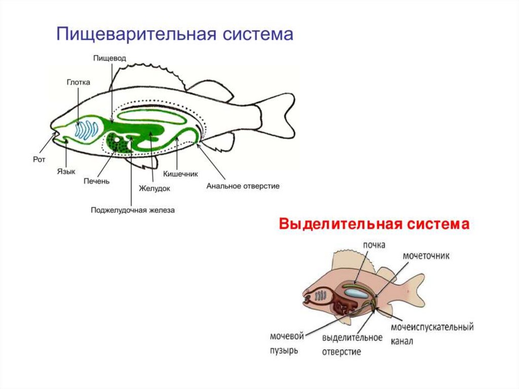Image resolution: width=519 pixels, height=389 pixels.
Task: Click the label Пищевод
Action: (x=106, y=59)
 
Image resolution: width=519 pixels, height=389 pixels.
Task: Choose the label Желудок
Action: (x=154, y=188)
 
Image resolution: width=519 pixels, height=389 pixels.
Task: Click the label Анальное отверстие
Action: (x=243, y=186)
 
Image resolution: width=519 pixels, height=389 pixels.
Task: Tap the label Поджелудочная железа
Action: (x=133, y=209)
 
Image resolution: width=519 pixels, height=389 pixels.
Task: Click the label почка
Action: (x=374, y=245)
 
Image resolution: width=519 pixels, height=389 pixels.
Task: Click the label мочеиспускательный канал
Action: (x=432, y=334)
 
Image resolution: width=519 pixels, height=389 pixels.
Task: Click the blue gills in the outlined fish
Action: (x=87, y=129)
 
